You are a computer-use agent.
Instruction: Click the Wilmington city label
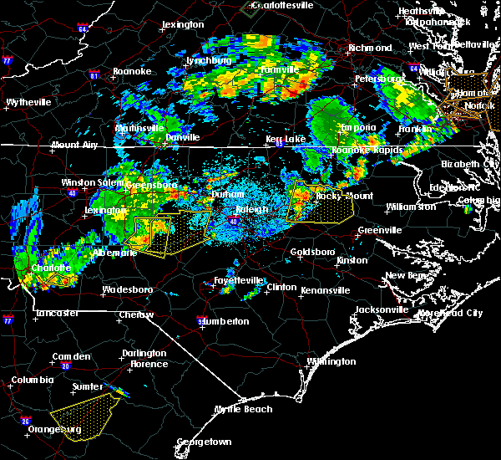(331, 362)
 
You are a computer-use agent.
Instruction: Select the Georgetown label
(204, 442)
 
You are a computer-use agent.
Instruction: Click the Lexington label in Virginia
(183, 24)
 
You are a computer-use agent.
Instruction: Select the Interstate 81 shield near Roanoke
(94, 75)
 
